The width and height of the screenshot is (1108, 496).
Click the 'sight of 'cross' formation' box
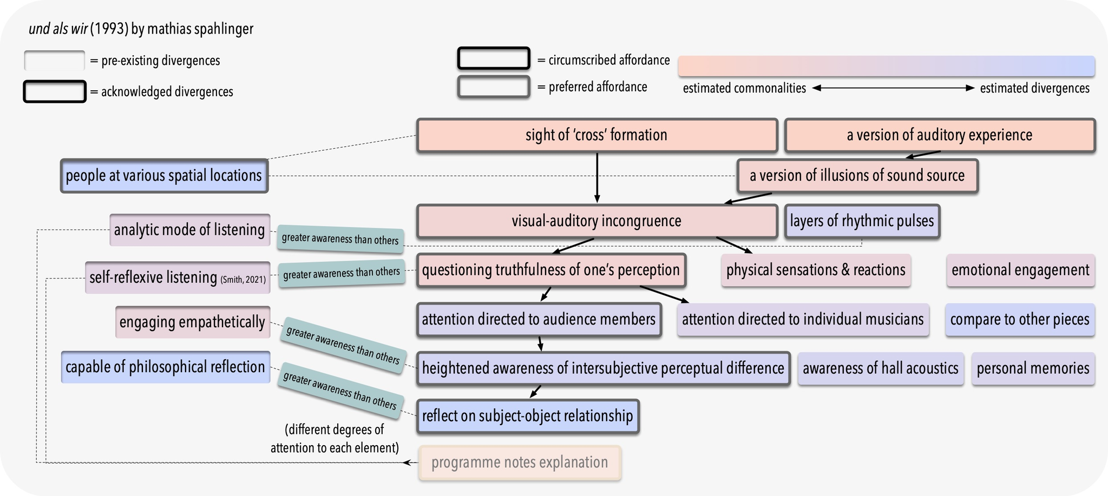tap(596, 135)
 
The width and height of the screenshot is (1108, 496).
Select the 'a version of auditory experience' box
tap(939, 135)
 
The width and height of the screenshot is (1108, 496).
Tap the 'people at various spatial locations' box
tap(164, 176)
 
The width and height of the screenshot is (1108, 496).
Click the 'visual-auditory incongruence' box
tap(596, 221)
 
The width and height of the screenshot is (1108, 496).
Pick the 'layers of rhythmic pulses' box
tap(862, 221)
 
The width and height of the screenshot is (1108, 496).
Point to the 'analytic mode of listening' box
tap(189, 230)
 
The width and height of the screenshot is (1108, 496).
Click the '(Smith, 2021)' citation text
tap(243, 280)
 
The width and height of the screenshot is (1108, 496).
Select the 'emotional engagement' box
tap(1020, 270)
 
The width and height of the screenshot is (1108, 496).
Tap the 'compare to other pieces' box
tap(1019, 320)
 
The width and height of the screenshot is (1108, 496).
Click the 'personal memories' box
tap(1032, 369)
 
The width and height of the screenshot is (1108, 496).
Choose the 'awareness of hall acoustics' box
tap(880, 369)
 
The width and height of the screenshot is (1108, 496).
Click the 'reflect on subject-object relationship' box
tap(527, 416)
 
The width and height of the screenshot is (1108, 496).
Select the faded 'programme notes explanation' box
tap(520, 463)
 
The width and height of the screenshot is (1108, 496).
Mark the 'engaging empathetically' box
tap(192, 322)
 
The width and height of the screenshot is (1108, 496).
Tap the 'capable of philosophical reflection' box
tap(165, 367)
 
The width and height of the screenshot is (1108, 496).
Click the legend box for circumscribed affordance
tap(493, 58)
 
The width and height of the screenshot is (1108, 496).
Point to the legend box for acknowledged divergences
tap(54, 91)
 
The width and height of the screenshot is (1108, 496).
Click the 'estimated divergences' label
tap(1034, 88)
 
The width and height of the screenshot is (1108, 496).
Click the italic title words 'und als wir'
tap(58, 29)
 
